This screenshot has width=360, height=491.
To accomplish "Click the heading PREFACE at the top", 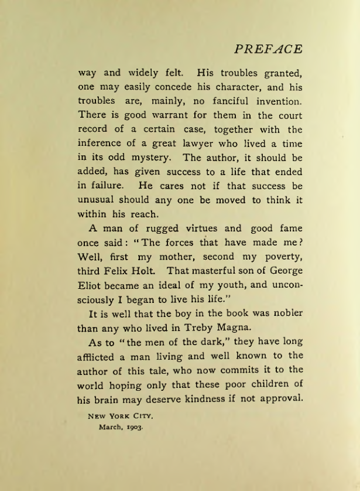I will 268,49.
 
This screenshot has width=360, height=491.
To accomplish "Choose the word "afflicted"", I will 100,356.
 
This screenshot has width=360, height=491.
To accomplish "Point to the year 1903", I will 133,427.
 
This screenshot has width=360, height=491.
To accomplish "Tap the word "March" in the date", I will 110,427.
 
